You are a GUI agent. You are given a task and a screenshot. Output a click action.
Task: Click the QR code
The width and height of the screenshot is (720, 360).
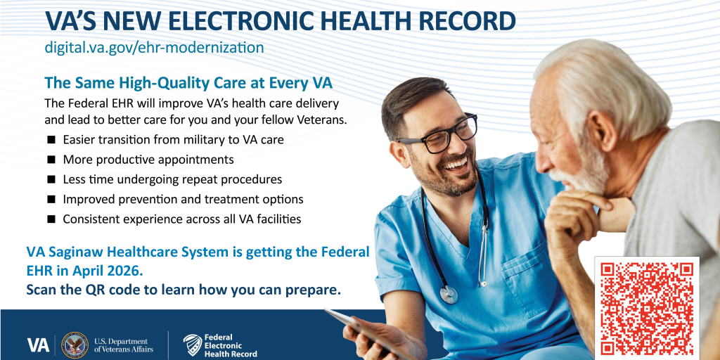coord(647,308)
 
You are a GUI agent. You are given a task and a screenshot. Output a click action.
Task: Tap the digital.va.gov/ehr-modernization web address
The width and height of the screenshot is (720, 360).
coord(154,47)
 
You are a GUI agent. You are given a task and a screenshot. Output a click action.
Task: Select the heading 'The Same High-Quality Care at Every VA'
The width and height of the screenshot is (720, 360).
coord(188,83)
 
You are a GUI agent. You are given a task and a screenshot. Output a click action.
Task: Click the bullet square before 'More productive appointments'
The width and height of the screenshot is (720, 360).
coord(51,160)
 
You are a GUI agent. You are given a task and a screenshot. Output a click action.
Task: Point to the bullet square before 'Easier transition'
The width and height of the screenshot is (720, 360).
coord(51,139)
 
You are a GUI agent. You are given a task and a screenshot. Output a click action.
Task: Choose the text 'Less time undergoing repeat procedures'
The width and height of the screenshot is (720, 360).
coord(173,179)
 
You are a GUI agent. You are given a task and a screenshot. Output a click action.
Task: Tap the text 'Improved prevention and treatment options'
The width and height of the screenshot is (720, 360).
coord(184,199)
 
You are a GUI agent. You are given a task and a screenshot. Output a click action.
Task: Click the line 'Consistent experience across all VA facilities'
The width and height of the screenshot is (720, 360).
coord(182,219)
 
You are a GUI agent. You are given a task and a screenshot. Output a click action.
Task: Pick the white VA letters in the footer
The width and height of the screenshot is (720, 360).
coord(38,345)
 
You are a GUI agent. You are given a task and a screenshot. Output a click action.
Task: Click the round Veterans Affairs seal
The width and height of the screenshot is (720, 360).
coord(75,345)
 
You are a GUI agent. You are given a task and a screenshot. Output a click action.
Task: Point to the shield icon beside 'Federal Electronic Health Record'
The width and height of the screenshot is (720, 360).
coord(193,345)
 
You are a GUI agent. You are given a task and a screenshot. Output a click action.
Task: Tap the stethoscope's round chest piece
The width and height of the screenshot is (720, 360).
coord(449,294)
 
